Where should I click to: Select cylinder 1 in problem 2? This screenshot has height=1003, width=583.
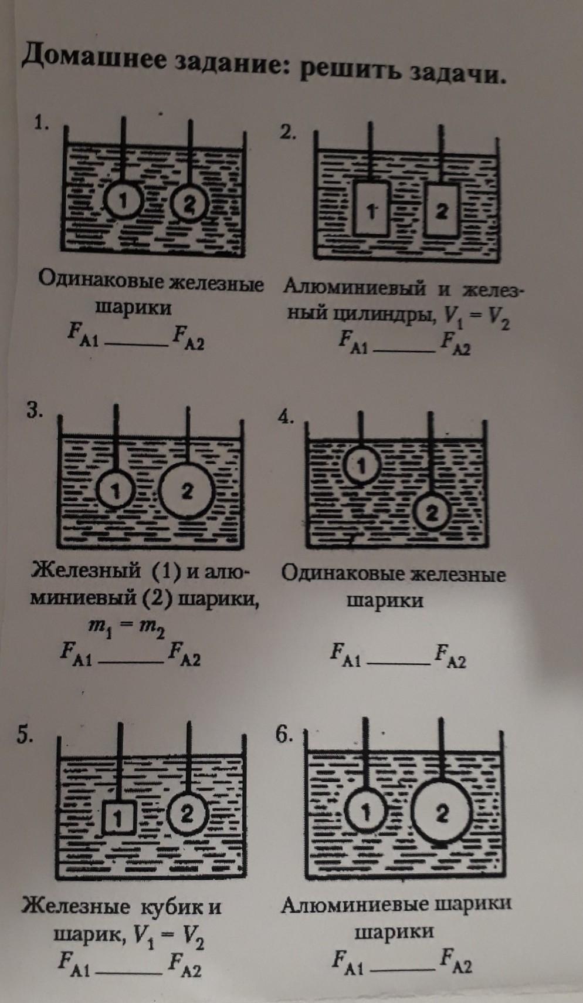[371, 208]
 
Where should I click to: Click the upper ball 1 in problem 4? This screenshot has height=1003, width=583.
[361, 466]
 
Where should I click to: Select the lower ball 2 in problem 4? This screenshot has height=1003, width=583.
[431, 513]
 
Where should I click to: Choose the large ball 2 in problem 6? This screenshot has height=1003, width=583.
[442, 813]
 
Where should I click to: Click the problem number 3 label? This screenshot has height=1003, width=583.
[33, 411]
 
